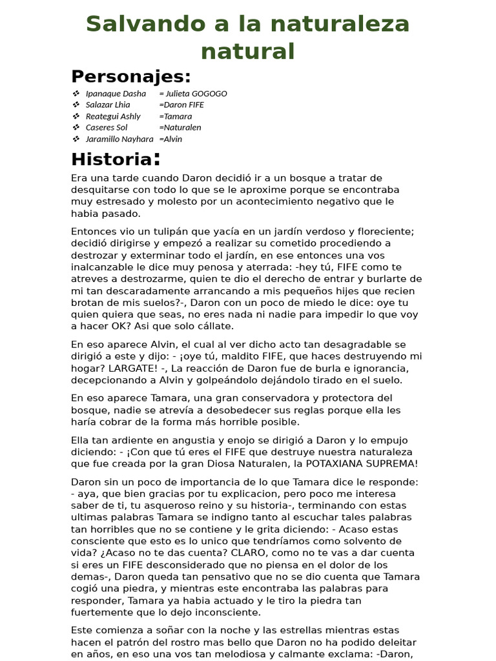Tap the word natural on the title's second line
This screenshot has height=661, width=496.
tap(247, 51)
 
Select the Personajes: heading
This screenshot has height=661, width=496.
tap(131, 76)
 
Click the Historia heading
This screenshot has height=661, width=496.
tap(111, 159)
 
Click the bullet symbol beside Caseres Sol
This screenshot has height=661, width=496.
tap(76, 127)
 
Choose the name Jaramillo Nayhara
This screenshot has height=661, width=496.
tap(119, 139)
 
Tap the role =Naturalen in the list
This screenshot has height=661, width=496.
tap(180, 127)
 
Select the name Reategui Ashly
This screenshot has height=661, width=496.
tap(113, 116)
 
